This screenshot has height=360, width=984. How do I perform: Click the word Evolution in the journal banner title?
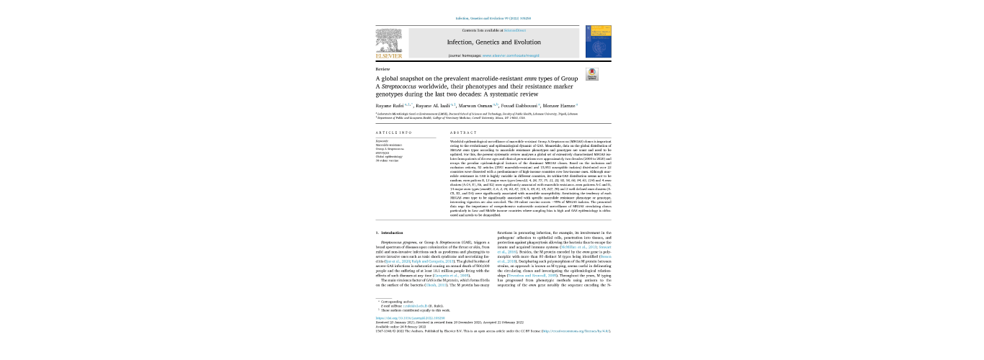(521, 42)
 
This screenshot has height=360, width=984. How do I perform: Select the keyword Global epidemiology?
(390, 156)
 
